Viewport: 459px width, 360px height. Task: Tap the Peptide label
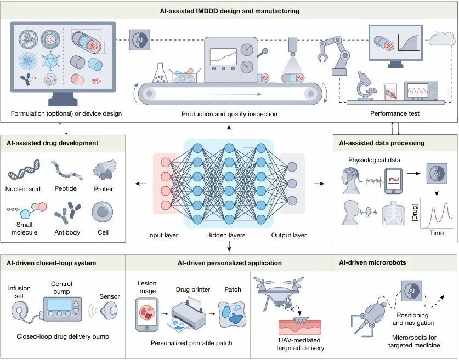[x=66, y=189]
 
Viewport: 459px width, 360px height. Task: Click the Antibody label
[x=67, y=232]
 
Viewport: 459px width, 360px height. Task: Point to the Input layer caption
[x=163, y=236]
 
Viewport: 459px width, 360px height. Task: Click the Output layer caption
[x=288, y=236]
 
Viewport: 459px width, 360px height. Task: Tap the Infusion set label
[x=20, y=292]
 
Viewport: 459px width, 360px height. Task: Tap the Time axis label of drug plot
[x=437, y=233]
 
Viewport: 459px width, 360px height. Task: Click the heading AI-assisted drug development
[x=53, y=143]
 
